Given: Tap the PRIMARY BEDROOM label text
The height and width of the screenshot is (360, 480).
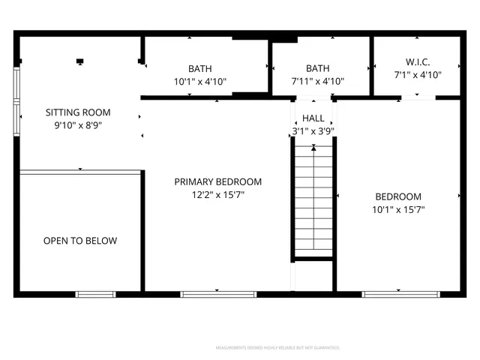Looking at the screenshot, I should click(218, 181).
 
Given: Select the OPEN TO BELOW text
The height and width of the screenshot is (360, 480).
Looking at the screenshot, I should click(80, 241).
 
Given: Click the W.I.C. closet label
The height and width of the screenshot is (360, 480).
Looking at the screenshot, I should click(418, 61).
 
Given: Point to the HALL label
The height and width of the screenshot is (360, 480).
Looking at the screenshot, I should click(313, 118).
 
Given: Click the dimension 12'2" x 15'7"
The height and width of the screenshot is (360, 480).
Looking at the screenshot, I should click(218, 195).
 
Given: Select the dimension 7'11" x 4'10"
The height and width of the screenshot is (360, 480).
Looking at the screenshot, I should click(318, 82).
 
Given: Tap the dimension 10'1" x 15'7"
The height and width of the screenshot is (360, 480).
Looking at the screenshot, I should click(399, 210).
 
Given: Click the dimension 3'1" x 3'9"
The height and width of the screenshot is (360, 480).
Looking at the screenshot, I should click(313, 131).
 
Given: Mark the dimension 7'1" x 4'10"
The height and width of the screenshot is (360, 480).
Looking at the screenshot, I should click(418, 75).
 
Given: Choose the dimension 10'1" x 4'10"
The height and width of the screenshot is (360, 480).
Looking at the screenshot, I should click(200, 82).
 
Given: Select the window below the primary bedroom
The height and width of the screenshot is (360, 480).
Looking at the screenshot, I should click(218, 294).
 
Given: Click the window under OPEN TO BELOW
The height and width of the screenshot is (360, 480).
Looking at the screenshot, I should click(95, 294).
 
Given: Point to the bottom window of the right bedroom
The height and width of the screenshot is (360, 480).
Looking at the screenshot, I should click(401, 294).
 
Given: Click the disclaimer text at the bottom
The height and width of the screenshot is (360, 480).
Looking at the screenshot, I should click(278, 348).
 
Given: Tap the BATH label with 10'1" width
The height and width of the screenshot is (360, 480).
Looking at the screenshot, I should click(200, 68).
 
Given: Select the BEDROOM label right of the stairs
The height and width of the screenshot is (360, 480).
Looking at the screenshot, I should click(398, 196).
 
